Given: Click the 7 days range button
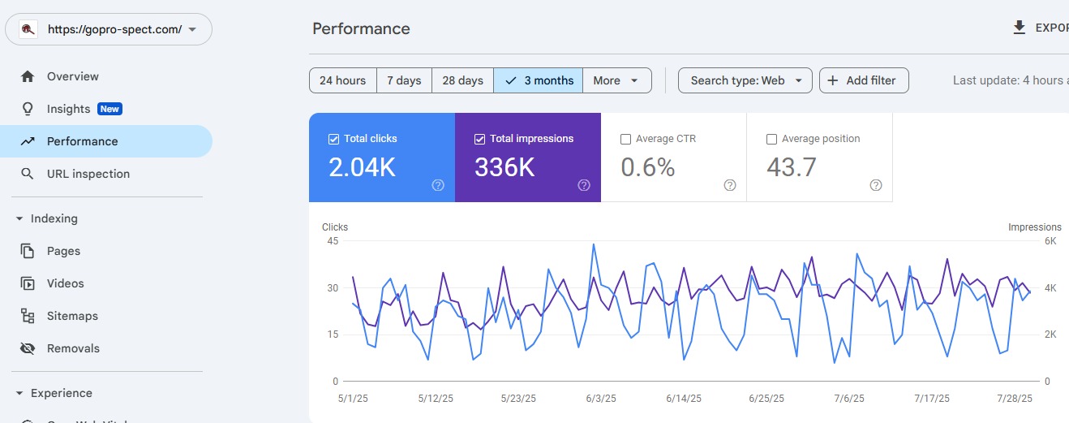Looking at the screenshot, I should click(403, 80).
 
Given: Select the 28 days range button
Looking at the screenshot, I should click(462, 80).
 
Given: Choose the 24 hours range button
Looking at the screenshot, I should click(342, 80).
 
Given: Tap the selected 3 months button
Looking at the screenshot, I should click(539, 80).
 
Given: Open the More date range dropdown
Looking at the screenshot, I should click(616, 80).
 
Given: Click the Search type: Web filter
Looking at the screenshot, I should click(745, 80).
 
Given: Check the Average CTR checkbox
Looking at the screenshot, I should click(625, 139).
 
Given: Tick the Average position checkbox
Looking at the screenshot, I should click(771, 139).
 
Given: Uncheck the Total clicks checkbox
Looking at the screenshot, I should click(333, 139).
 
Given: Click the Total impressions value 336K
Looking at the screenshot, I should click(504, 167).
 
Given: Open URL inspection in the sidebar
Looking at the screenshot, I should click(88, 174).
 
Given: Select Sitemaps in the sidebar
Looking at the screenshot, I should click(72, 316).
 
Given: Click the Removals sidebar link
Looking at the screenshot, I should click(73, 348).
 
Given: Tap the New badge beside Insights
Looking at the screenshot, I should click(109, 109).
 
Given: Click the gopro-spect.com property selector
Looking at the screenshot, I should click(109, 29).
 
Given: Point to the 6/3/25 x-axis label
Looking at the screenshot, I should click(600, 399).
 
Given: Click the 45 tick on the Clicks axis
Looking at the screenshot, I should click(332, 241).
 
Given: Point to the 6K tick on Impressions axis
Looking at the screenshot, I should click(1050, 241).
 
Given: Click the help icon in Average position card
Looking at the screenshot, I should click(875, 185).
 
